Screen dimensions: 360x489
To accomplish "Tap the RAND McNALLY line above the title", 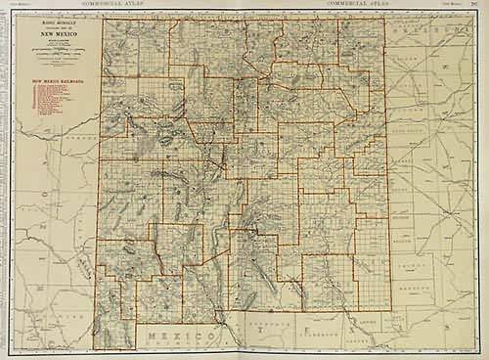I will (x=60, y=21).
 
